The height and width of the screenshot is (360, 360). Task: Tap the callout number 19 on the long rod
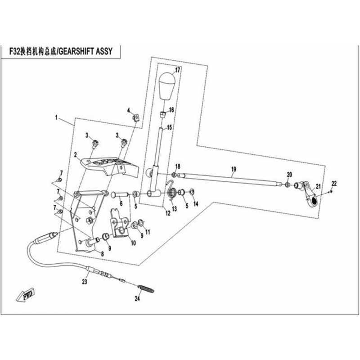[x=234, y=169]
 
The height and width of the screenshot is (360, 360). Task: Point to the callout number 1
[x=57, y=118]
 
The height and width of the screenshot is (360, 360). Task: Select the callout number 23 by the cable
[x=84, y=282]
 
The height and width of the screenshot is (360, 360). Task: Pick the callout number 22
[x=334, y=183]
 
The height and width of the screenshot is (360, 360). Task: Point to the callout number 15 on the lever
[x=170, y=128]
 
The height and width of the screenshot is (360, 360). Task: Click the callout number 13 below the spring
[x=174, y=209]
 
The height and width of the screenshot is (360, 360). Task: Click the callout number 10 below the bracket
[x=133, y=243]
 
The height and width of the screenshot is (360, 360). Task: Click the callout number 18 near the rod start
[x=178, y=166]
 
